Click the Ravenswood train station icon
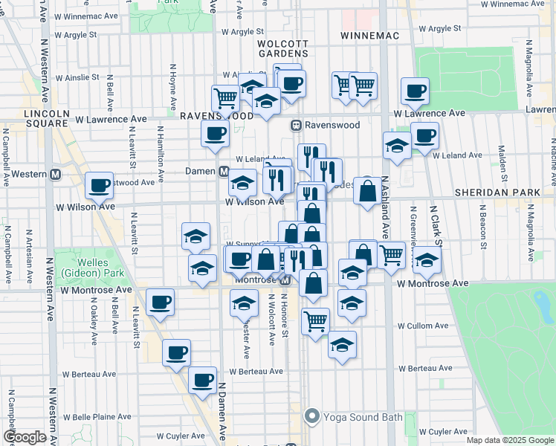[296, 125]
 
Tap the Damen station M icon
[223, 171]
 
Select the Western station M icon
[54, 175]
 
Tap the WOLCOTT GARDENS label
[282, 48]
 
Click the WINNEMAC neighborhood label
[370, 36]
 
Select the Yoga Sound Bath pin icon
[312, 416]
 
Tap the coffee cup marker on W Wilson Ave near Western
[99, 185]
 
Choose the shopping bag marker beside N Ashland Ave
[367, 192]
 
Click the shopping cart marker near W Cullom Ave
[316, 321]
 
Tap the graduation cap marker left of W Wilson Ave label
[242, 182]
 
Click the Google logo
[24, 438]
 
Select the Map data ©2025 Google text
[510, 440]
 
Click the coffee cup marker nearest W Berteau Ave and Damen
[201, 380]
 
